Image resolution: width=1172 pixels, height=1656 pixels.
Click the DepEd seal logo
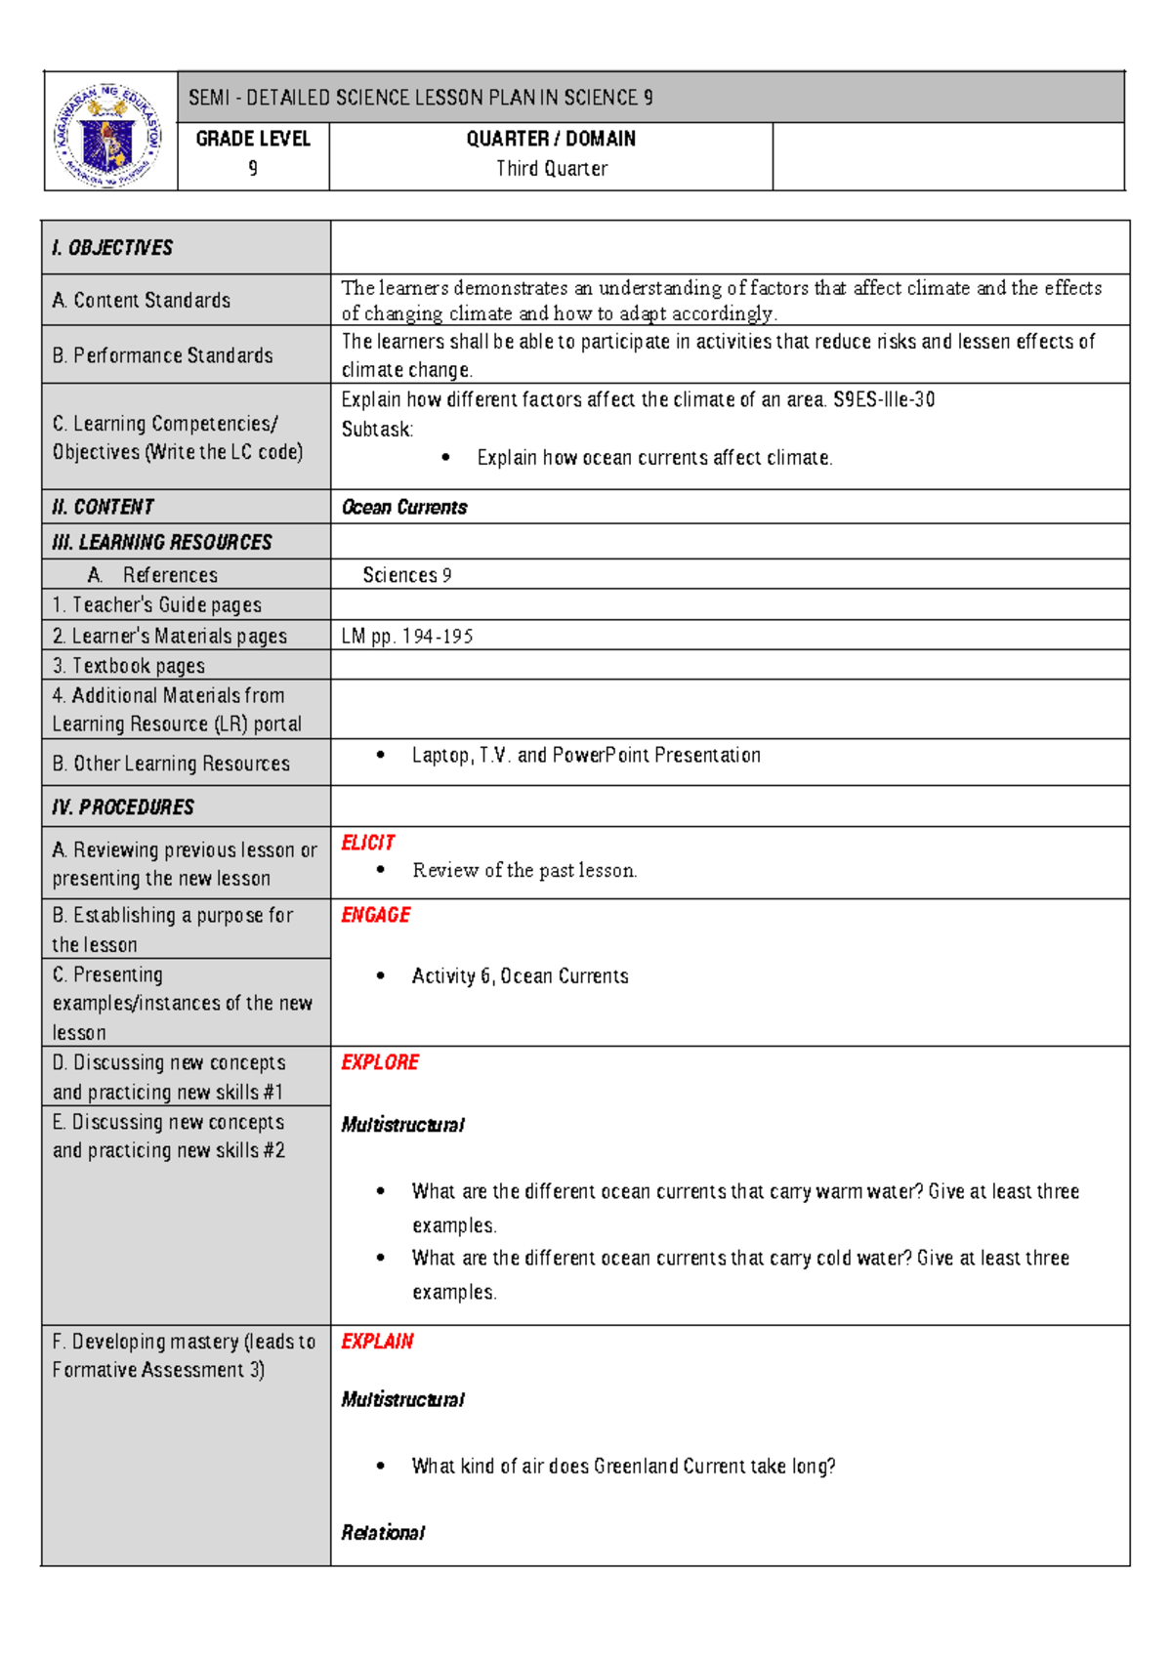[x=108, y=133]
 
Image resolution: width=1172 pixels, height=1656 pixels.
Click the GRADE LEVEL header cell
[x=253, y=140]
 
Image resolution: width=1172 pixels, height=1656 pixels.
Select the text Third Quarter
[x=552, y=169]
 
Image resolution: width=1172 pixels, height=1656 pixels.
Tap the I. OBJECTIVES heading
[x=112, y=248]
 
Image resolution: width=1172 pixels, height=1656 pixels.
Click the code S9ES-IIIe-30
[x=884, y=400]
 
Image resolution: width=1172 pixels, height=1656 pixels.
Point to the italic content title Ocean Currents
[x=404, y=508]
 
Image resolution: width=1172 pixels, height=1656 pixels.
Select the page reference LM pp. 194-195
[x=407, y=637]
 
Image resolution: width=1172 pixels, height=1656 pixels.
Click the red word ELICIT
[x=368, y=844]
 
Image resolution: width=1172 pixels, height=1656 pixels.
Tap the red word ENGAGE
[x=376, y=916]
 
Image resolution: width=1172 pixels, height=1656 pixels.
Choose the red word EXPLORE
[x=380, y=1062]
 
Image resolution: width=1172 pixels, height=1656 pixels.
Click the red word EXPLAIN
[x=377, y=1342]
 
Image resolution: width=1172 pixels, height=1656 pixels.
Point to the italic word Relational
[x=383, y=1533]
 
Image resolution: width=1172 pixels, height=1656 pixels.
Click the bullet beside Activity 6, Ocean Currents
[x=381, y=976]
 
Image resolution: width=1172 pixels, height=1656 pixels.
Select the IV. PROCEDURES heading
[x=123, y=807]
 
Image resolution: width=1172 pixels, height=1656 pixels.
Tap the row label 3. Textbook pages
[x=129, y=666]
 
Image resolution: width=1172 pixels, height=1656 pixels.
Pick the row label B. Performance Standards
[x=163, y=355]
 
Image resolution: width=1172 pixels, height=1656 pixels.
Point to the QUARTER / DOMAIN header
[x=551, y=140]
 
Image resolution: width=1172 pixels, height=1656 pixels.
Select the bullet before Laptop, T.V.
[x=381, y=756]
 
